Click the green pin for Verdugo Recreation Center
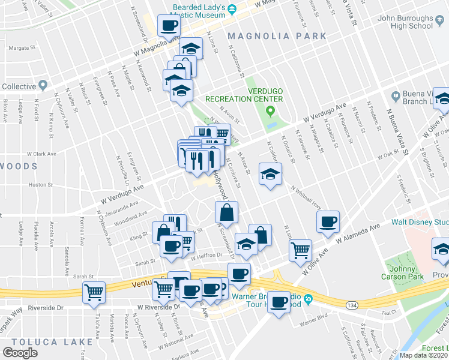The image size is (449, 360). [x=270, y=110]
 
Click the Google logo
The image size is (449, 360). [x=20, y=352]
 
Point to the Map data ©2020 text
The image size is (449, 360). [x=424, y=355]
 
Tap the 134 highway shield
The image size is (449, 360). [x=352, y=305]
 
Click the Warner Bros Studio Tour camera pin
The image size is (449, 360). [x=307, y=298]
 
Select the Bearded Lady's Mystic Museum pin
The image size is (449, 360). [x=231, y=8]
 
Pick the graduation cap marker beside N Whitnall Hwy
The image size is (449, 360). [x=270, y=175]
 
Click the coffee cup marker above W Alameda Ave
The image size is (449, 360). [x=328, y=222]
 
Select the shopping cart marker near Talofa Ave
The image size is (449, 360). [x=94, y=292]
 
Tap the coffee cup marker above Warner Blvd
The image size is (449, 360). [x=278, y=302]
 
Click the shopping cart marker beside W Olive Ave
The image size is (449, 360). [x=300, y=250]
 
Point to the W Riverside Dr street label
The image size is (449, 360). [x=158, y=307]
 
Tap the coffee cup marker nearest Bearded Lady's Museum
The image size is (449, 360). [x=169, y=25]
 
